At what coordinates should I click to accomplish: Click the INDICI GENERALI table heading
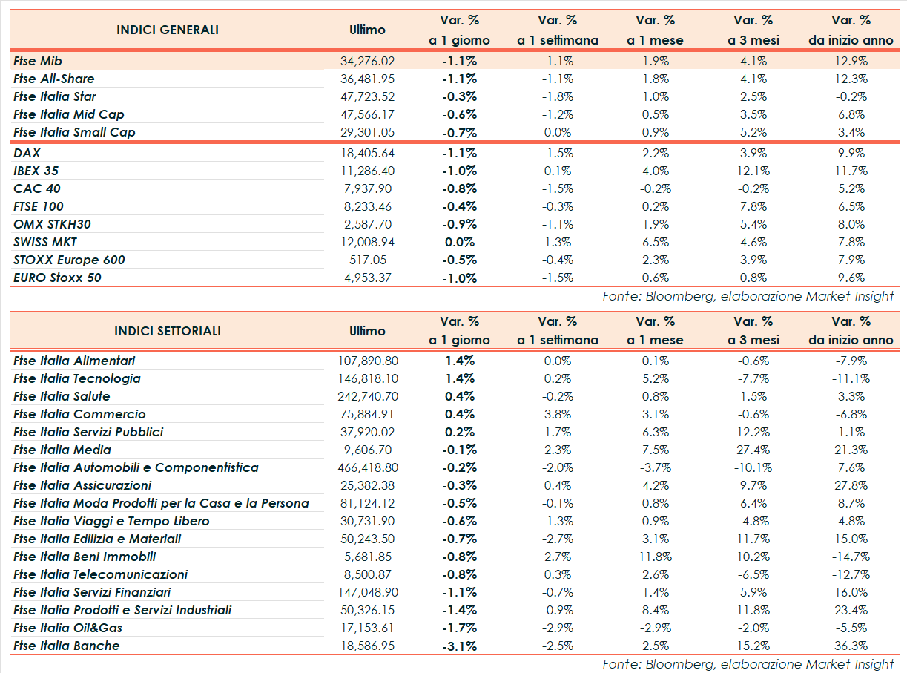[x=168, y=30]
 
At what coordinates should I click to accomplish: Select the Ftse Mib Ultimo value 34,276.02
[x=366, y=61]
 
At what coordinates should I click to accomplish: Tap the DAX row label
[x=27, y=153]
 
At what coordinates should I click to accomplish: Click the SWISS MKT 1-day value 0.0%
[x=459, y=242]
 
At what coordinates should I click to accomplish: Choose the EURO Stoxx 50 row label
[x=57, y=278]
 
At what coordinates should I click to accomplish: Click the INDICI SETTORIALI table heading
[x=168, y=331]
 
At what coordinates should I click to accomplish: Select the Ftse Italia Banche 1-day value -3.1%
[x=459, y=646]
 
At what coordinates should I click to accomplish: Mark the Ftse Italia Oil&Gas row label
[x=67, y=628]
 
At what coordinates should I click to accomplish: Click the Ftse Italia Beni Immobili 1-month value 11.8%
[x=655, y=557]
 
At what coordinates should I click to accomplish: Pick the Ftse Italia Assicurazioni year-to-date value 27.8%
[x=851, y=485]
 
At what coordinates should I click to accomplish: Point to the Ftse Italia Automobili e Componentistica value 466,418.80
[x=368, y=467]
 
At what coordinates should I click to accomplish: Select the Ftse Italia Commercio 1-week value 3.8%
[x=557, y=414]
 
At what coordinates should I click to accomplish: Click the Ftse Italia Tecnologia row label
[x=76, y=378]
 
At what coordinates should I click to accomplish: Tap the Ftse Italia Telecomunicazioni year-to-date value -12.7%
[x=850, y=574]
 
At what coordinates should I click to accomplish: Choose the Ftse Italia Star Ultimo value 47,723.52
[x=366, y=96]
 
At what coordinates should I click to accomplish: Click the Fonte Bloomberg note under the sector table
[x=748, y=664]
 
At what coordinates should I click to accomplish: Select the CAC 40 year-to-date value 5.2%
[x=851, y=188]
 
